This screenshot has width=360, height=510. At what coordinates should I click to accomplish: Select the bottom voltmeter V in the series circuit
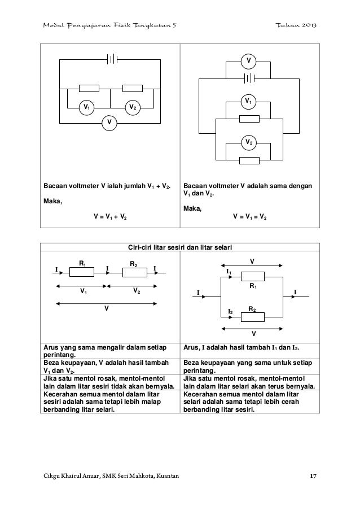(x=109, y=122)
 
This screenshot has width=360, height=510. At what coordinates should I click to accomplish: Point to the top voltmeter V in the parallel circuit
(x=248, y=60)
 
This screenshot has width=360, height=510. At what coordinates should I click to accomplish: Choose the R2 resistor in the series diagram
(x=134, y=272)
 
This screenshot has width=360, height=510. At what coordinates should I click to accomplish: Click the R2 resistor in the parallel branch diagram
(x=254, y=316)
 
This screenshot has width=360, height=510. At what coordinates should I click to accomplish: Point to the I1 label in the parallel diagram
(x=229, y=272)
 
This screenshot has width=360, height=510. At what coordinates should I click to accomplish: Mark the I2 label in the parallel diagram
(x=230, y=312)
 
